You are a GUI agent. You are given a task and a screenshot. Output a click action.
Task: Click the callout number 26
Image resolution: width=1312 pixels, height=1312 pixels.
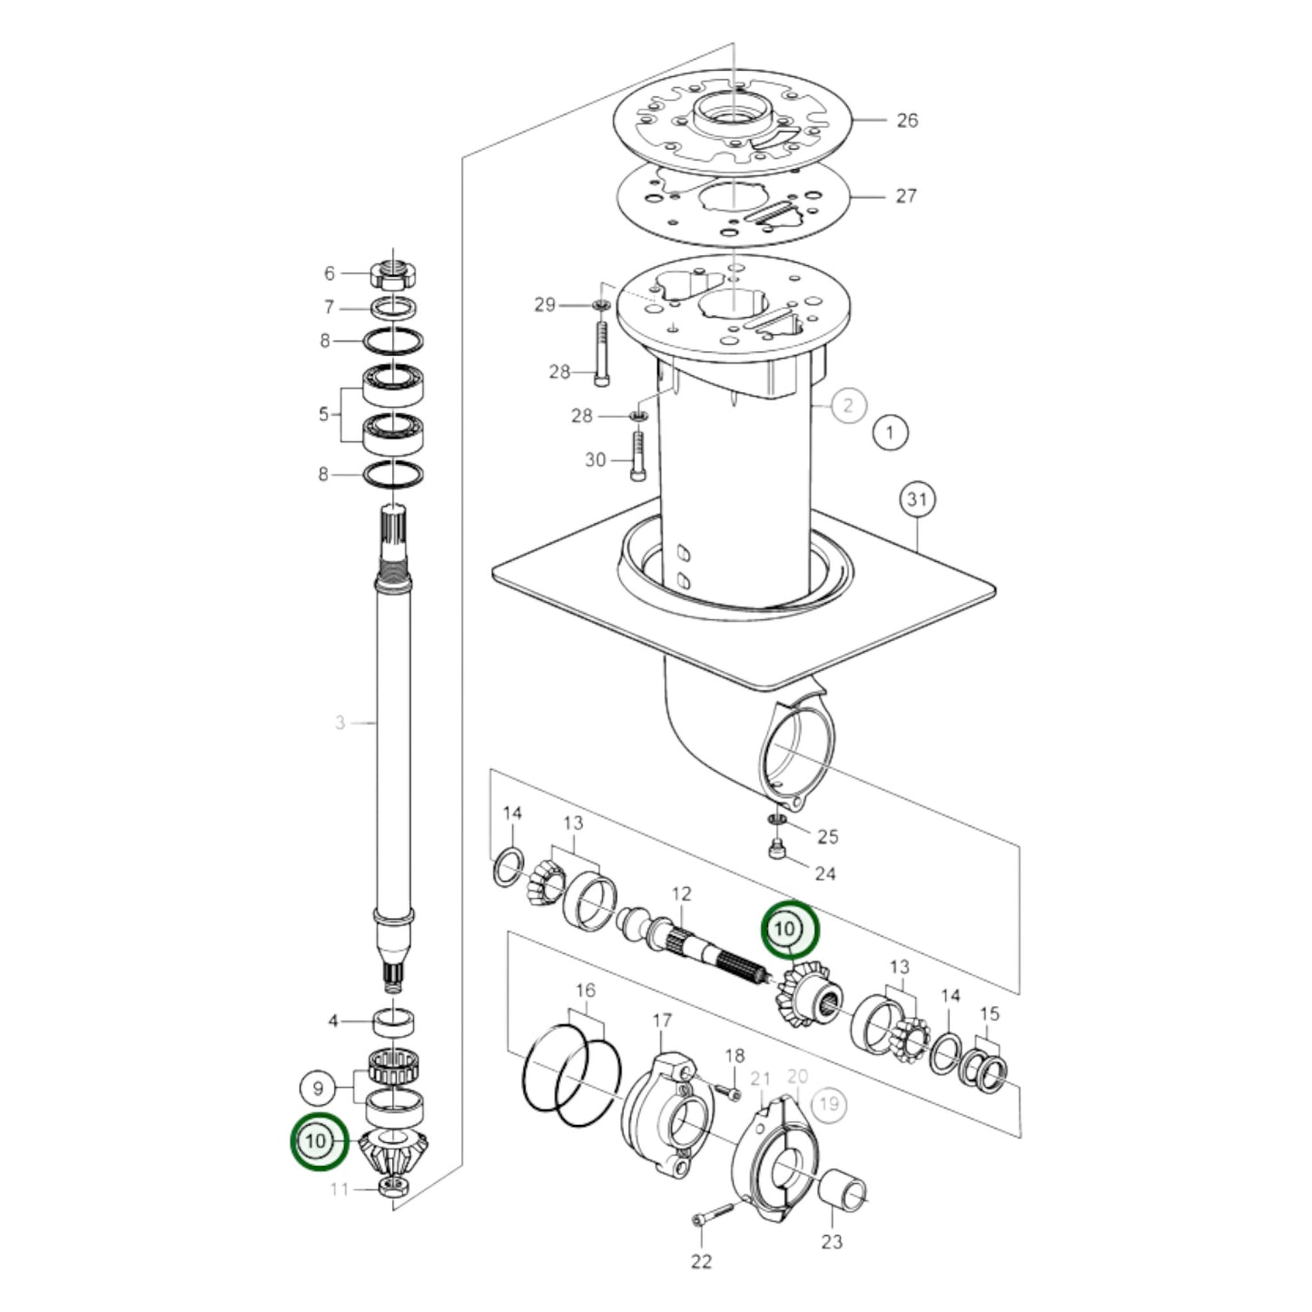tap(906, 120)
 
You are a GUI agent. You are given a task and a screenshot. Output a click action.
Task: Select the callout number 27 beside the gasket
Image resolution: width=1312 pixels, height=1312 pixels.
tap(905, 195)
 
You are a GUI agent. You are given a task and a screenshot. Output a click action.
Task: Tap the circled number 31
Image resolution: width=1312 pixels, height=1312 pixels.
tap(917, 499)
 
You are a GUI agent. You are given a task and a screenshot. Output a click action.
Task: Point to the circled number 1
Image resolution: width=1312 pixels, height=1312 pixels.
tap(890, 432)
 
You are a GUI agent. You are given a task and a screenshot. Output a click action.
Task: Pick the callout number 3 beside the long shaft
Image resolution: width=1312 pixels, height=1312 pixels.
tap(340, 723)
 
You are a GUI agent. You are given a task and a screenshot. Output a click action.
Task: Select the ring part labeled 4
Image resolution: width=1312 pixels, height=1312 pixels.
tap(393, 1021)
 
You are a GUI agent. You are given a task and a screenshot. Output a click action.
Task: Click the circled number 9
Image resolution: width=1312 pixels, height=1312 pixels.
tap(318, 1088)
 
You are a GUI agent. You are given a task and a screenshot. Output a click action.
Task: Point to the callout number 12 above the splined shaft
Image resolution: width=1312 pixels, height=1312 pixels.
tap(681, 894)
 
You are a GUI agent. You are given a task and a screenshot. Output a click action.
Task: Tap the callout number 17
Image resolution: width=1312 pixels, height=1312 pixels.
tap(662, 1021)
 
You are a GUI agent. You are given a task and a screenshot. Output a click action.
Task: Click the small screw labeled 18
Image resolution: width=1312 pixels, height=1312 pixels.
tap(723, 1086)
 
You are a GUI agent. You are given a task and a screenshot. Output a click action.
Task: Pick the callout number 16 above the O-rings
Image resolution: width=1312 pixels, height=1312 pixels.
tap(586, 990)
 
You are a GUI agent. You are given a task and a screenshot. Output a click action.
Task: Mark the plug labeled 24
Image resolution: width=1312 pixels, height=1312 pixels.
tap(776, 851)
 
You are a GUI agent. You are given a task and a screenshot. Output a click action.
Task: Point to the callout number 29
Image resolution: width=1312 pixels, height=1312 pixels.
tap(544, 305)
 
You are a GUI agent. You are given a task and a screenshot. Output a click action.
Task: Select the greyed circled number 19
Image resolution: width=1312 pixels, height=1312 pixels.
tap(828, 1104)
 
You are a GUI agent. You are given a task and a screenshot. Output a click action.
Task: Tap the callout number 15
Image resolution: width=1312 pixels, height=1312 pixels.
tap(989, 1013)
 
